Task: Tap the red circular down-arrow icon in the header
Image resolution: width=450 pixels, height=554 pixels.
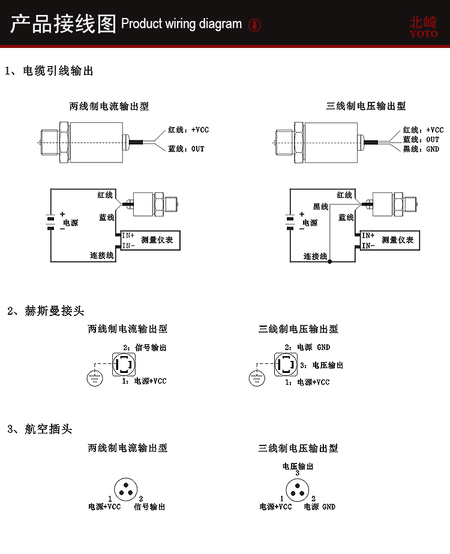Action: pos(254,25)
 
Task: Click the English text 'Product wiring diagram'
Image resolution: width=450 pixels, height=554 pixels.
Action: pos(181,25)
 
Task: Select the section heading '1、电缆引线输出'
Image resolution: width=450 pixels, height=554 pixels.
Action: pos(49,71)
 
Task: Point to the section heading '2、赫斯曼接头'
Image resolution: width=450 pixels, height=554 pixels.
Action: pos(46,311)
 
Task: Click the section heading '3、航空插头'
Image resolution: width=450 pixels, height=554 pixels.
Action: pos(40,429)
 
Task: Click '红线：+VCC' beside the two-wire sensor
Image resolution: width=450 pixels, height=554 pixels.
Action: pos(188,130)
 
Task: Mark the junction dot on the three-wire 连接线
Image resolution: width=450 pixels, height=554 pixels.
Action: pos(329,262)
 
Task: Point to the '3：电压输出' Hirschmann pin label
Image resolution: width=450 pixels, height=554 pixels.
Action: pos(321,365)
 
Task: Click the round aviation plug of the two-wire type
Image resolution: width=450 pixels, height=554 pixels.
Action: pos(125,489)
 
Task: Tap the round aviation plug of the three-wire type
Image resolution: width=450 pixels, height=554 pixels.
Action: pos(297,489)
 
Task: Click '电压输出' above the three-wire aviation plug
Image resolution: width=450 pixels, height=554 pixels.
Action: pos(298,466)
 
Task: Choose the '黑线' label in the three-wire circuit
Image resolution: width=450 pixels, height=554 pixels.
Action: pos(321,207)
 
